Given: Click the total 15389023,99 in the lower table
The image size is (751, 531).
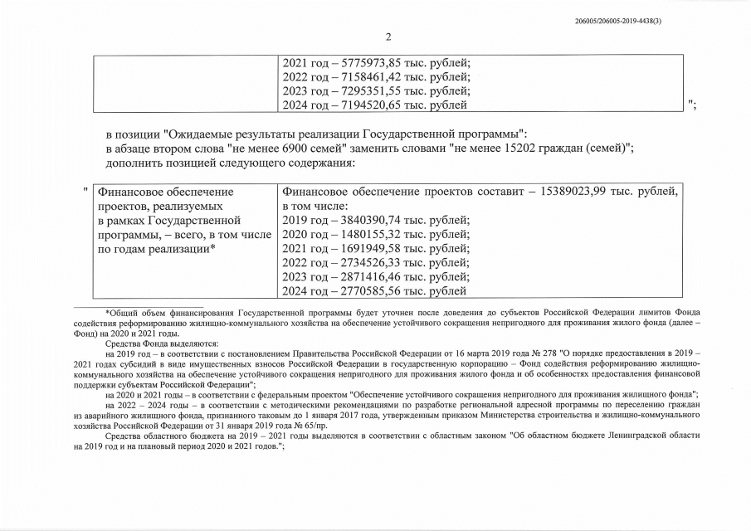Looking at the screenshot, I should tap(581, 192).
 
